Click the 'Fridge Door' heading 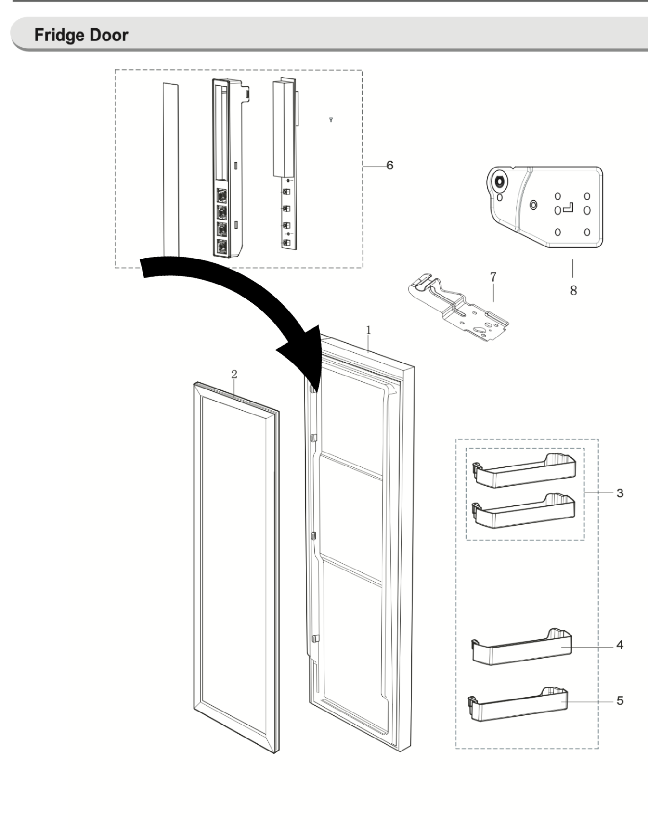coord(81,35)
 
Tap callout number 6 coord(389,166)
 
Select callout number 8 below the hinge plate coord(573,291)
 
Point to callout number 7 coord(493,277)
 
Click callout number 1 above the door coord(369,330)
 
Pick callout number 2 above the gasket coord(234,374)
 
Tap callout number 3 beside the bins coord(620,493)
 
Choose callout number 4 coord(620,645)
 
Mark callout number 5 coord(620,700)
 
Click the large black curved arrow coord(231,289)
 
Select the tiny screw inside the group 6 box coord(331,119)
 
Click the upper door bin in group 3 coord(525,471)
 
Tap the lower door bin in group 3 coord(525,512)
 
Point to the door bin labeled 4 coord(522,648)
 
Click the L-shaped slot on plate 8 coord(569,207)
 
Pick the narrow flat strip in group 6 coord(170,168)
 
